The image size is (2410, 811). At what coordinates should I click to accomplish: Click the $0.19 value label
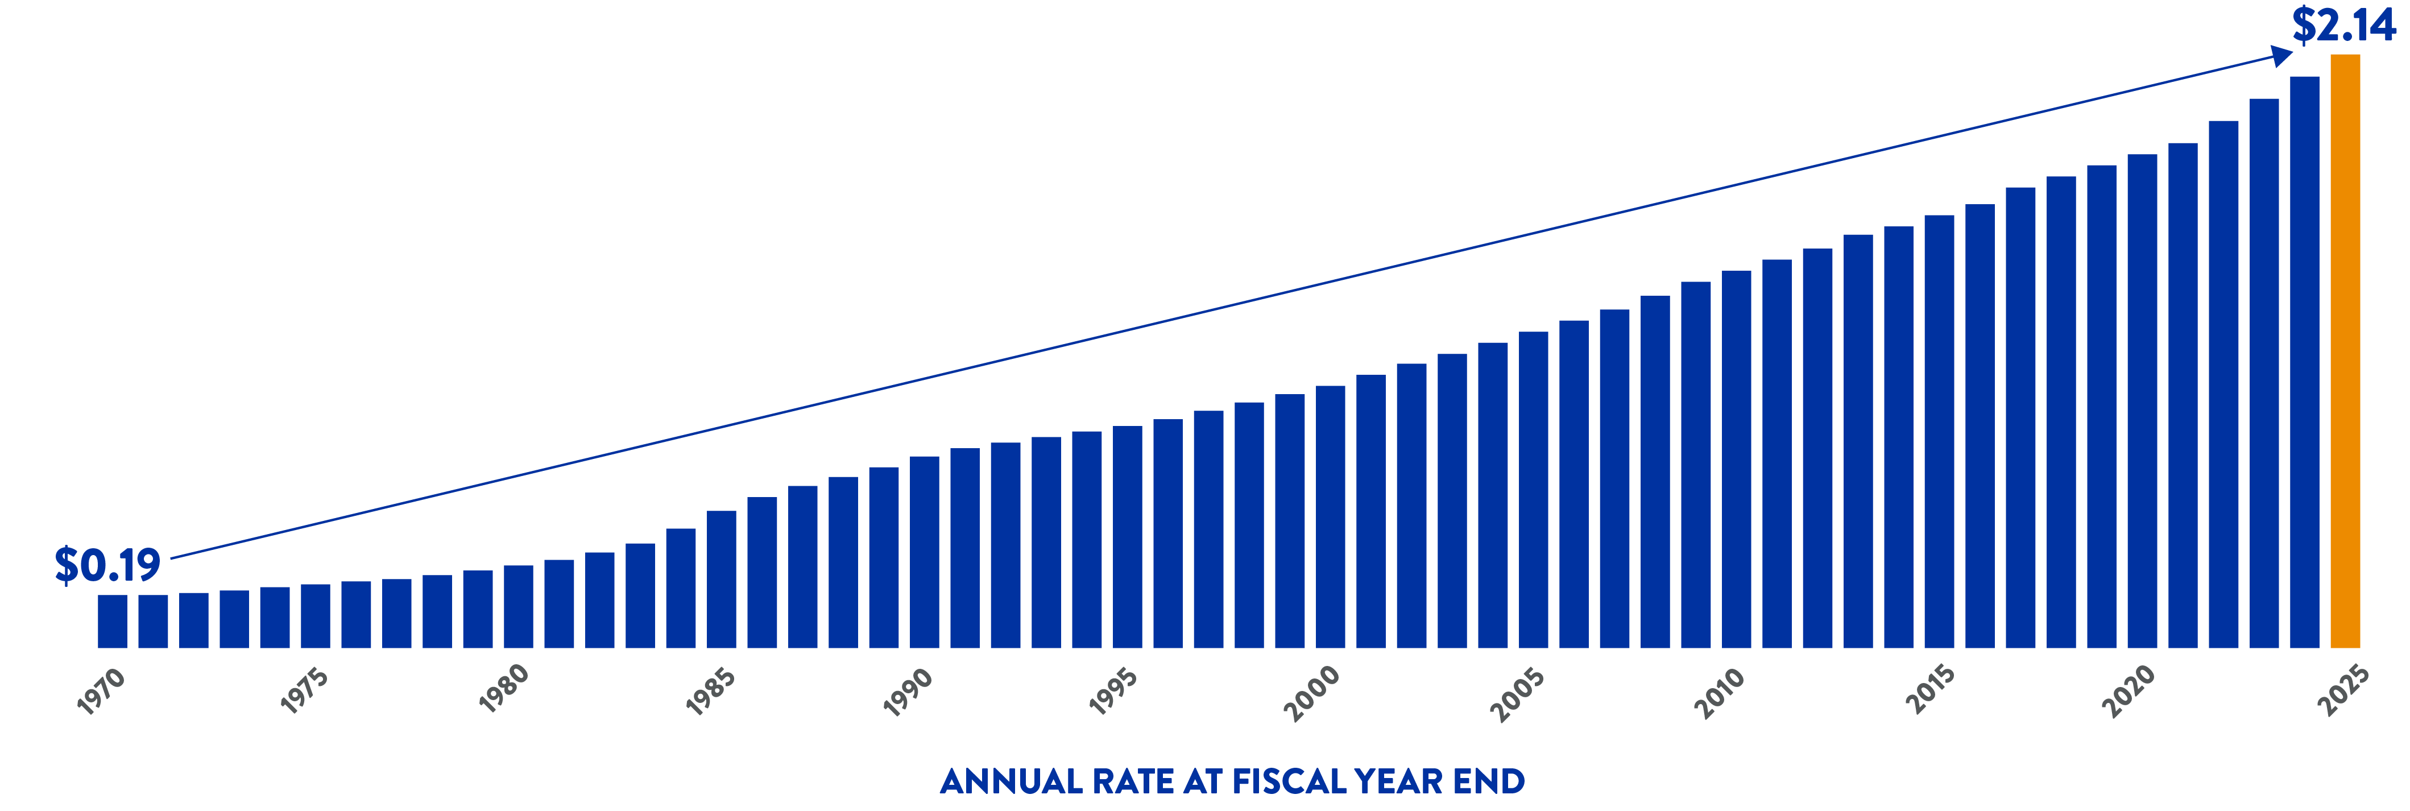coord(107,565)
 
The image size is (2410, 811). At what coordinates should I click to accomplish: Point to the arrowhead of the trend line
coord(2283,56)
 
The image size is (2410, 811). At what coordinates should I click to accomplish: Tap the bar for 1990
coord(924,552)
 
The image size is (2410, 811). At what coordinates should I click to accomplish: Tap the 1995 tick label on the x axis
coord(1113,691)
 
